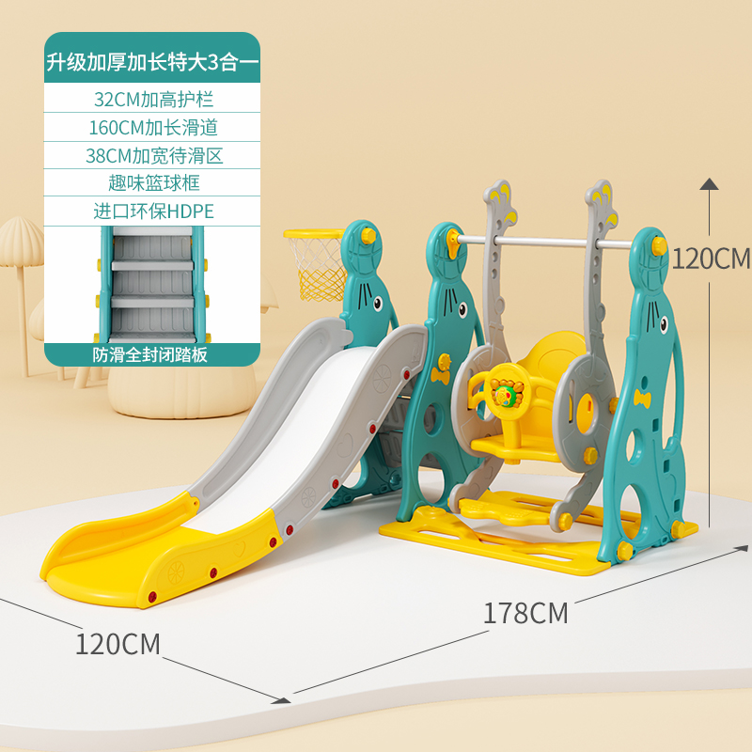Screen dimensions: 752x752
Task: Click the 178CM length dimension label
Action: coord(525,613)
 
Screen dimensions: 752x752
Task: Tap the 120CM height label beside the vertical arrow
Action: coord(713,258)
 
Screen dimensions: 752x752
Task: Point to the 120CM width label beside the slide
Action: coord(117,644)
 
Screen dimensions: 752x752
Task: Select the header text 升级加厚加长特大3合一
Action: coord(153,65)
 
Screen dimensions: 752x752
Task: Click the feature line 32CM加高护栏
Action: coord(153,99)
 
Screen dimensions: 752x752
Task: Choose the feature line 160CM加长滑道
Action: coord(153,127)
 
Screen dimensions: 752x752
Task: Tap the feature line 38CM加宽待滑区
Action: coord(153,155)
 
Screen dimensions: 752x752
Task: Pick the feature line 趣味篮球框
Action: coord(153,182)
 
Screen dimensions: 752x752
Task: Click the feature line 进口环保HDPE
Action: coord(153,211)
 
